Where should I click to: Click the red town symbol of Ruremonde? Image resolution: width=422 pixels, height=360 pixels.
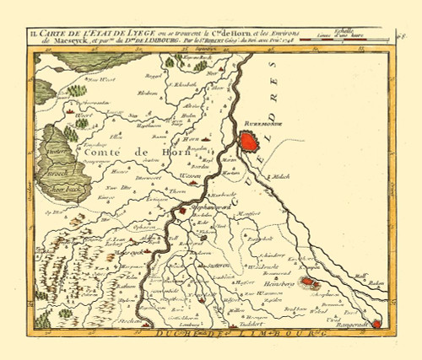(x=251, y=140)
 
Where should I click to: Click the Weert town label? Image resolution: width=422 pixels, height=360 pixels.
(x=83, y=119)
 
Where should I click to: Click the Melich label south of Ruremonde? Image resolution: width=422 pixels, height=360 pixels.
(x=280, y=178)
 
